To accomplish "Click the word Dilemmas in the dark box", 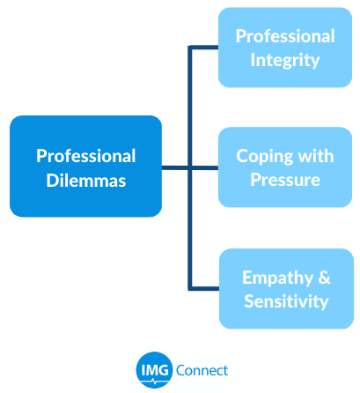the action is (x=86, y=180).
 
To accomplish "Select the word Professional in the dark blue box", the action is (x=86, y=156).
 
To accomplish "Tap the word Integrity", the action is (x=285, y=60).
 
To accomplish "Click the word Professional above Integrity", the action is (x=285, y=36).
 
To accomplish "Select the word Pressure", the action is (x=285, y=180).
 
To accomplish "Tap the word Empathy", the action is (x=277, y=278).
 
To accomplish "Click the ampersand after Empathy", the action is (x=324, y=277).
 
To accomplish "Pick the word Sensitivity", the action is (x=286, y=301).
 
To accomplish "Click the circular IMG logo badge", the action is (x=154, y=370).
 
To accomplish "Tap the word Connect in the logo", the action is (x=202, y=370).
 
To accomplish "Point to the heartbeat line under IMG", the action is (x=155, y=382).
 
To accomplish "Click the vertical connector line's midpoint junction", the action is (x=190, y=168).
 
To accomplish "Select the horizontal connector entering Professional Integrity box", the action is (x=204, y=48).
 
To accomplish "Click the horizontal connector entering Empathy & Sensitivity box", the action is (x=204, y=289).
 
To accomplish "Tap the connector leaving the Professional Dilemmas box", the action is (x=175, y=168).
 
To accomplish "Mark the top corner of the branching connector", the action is (x=190, y=48).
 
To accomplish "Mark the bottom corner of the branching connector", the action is (x=190, y=289).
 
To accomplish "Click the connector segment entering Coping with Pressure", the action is (x=205, y=168).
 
